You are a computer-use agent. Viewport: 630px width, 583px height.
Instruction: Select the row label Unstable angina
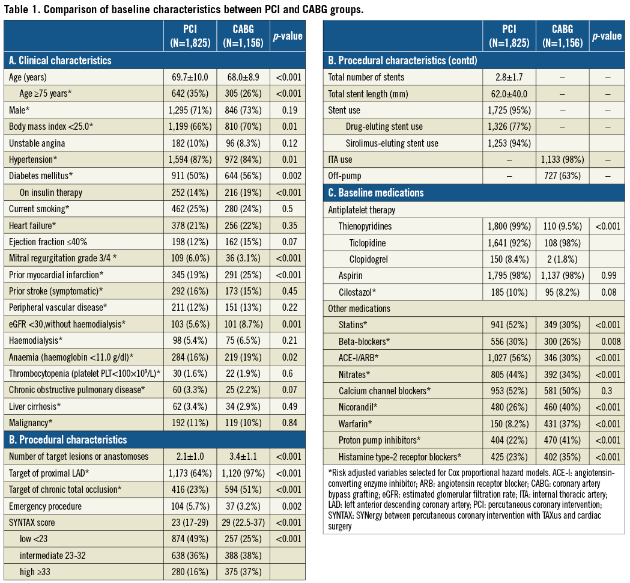tap(37, 143)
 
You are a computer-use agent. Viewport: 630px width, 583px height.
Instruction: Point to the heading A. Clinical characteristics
tap(59, 61)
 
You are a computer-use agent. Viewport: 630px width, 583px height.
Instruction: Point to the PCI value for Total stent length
tap(508, 94)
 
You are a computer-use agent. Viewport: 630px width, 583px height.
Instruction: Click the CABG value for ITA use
tap(562, 160)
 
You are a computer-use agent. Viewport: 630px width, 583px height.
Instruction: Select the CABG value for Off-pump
tap(562, 176)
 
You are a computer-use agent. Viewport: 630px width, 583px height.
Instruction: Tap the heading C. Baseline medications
tap(375, 193)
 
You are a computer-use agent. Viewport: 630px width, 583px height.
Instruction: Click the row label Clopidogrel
tap(369, 259)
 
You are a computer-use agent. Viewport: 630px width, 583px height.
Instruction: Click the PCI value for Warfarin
tap(508, 424)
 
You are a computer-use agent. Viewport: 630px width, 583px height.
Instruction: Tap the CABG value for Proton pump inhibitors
tap(562, 441)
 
